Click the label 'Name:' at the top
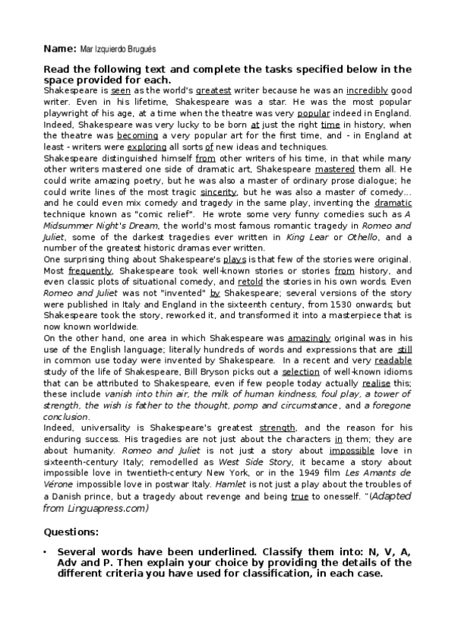point(60,49)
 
